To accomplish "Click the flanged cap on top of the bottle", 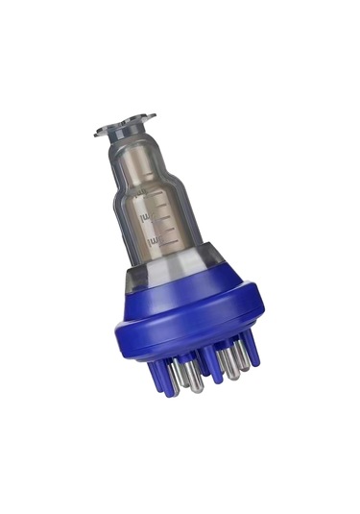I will [125, 126].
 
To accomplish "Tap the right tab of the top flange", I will [148, 118].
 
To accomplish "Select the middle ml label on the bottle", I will [147, 218].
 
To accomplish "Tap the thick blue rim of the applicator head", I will [192, 327].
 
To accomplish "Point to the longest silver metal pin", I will [192, 377].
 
